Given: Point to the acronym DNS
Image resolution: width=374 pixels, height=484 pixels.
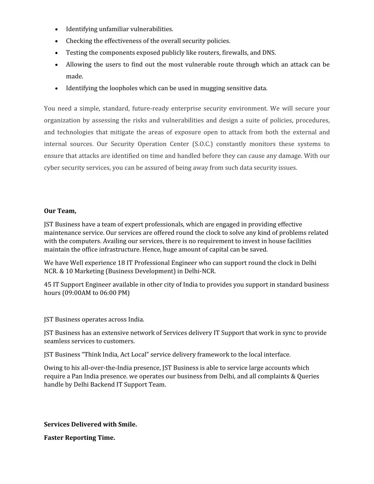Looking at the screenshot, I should pyautogui.click(x=269, y=53).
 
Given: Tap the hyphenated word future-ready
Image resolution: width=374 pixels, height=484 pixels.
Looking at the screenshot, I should pyautogui.click(x=150, y=108).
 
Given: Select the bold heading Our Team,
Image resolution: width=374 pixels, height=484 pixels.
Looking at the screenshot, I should pyautogui.click(x=60, y=211).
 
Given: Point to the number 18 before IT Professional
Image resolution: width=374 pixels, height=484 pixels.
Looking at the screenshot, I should pyautogui.click(x=121, y=263).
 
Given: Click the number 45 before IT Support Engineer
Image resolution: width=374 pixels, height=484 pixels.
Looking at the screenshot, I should pyautogui.click(x=47, y=285).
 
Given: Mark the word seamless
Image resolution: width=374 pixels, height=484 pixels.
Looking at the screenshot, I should pyautogui.click(x=56, y=341).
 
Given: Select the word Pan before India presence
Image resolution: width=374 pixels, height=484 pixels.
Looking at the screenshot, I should pyautogui.click(x=77, y=376).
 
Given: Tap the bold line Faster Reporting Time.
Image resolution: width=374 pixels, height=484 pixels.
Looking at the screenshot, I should pyautogui.click(x=79, y=438).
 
